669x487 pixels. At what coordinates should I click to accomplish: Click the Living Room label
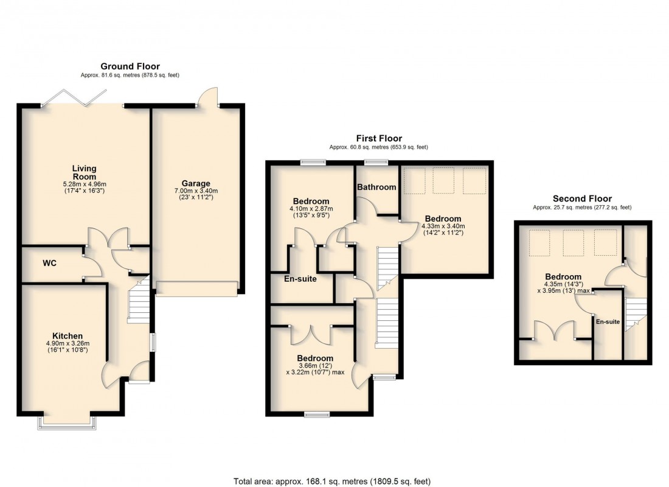(x=85, y=173)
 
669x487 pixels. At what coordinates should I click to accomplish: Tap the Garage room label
(x=195, y=183)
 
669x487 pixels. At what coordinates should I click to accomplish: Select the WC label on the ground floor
(x=50, y=264)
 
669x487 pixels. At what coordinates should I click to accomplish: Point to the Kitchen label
(x=67, y=336)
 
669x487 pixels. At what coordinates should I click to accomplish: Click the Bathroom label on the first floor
(x=376, y=187)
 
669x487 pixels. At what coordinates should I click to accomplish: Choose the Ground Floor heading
(x=130, y=66)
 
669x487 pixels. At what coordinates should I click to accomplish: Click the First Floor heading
(x=379, y=139)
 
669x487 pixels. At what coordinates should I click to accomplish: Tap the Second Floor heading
(x=582, y=198)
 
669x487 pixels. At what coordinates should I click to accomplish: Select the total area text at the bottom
(x=332, y=482)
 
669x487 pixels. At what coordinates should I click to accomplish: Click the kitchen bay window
(x=66, y=421)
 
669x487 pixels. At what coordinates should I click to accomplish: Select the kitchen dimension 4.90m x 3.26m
(x=67, y=344)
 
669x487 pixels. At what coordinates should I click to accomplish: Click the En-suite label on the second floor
(x=608, y=321)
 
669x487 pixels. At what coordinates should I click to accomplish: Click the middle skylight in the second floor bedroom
(x=574, y=243)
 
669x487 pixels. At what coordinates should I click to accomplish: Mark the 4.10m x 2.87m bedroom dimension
(x=311, y=209)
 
